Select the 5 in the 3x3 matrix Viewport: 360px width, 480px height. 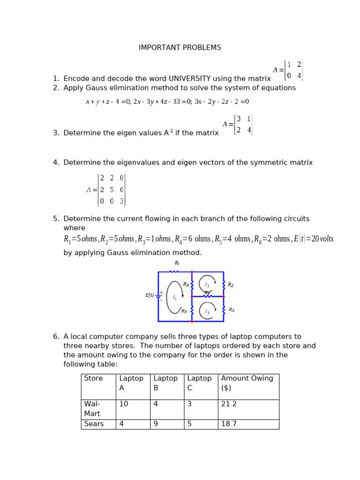tap(112, 190)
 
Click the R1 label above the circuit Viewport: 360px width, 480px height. tap(177, 263)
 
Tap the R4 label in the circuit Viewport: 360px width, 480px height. tap(186, 285)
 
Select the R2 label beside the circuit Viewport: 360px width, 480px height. tap(231, 285)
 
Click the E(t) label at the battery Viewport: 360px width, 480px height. tap(150, 295)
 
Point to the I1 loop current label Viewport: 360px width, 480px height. tap(174, 297)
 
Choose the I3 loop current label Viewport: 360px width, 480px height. tap(207, 312)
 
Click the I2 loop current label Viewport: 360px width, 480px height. tap(207, 285)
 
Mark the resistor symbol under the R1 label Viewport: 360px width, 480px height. tap(174, 271)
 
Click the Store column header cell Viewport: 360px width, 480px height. tap(93, 378)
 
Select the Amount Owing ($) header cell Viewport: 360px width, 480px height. tap(247, 383)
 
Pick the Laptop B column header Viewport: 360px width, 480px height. tap(165, 383)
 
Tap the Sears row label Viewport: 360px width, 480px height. tap(94, 424)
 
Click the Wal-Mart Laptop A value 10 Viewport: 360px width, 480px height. tap(124, 404)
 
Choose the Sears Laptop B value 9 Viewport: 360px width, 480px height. tap(156, 424)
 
